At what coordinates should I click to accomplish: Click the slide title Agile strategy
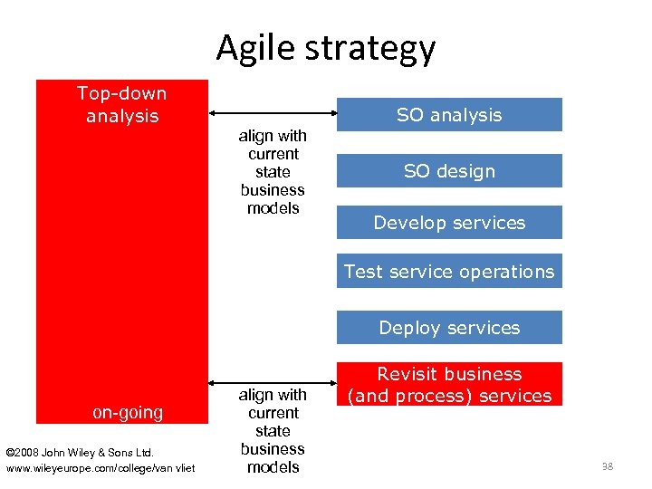(326, 48)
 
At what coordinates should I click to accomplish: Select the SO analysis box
(449, 115)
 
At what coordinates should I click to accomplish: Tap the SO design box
(449, 171)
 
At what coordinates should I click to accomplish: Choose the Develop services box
(449, 223)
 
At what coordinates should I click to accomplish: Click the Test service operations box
(449, 272)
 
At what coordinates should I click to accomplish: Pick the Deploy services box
(449, 328)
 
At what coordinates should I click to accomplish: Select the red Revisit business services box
(449, 385)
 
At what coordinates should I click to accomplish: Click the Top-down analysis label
(122, 104)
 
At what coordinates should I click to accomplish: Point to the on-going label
(128, 413)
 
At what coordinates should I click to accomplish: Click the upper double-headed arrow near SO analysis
(273, 112)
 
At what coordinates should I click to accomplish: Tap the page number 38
(608, 466)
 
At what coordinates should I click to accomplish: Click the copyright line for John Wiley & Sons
(80, 452)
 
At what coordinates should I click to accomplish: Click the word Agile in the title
(254, 48)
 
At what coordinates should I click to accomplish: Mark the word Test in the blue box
(363, 272)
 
